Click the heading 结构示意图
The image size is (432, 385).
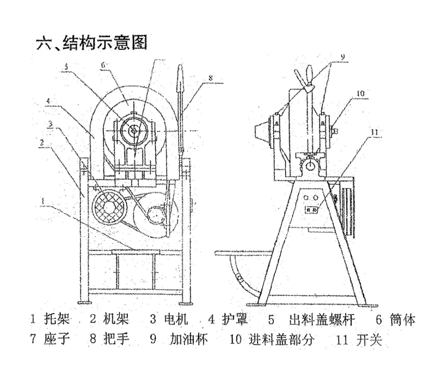[x=92, y=43]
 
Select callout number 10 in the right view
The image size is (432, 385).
[x=360, y=93]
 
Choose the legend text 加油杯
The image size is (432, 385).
[x=186, y=340]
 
